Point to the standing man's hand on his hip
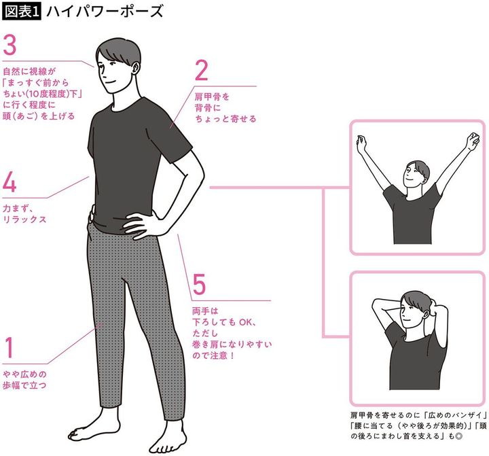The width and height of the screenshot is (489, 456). [x=142, y=223]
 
